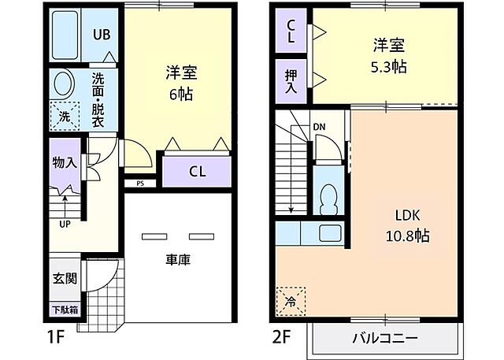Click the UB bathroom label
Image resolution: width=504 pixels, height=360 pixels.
click(x=102, y=35)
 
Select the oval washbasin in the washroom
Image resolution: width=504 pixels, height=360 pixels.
click(x=63, y=85)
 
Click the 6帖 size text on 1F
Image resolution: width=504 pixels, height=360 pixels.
click(x=180, y=94)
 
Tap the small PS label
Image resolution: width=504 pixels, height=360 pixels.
click(x=140, y=184)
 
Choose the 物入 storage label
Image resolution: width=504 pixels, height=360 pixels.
click(x=65, y=163)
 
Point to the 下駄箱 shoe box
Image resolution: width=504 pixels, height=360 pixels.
click(x=65, y=309)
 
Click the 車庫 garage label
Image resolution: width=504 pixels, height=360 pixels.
click(x=179, y=259)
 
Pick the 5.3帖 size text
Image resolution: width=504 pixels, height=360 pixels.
click(x=389, y=66)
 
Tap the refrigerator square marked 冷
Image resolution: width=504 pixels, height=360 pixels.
click(x=291, y=300)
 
